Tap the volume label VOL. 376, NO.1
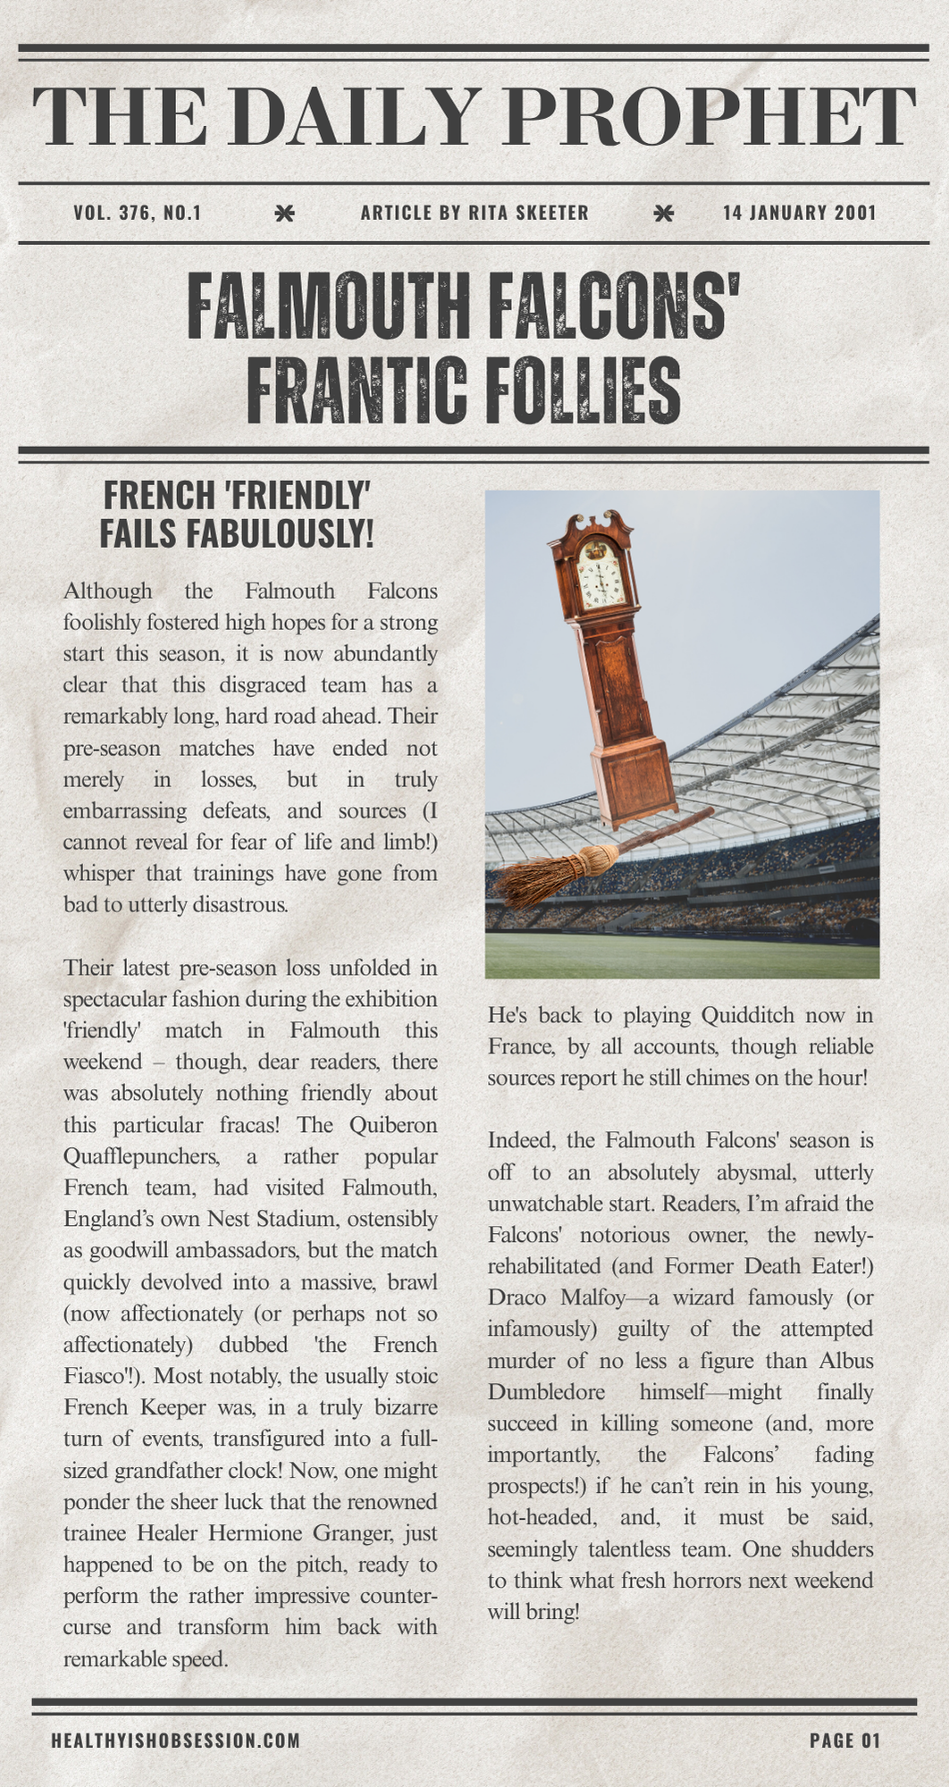coord(138,213)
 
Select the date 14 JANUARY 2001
coord(799,213)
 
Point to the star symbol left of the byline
coord(284,213)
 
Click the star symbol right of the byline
coord(663,213)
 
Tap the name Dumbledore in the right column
coord(546,1391)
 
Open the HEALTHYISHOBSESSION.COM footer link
coord(175,1740)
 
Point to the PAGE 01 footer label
coord(844,1740)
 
